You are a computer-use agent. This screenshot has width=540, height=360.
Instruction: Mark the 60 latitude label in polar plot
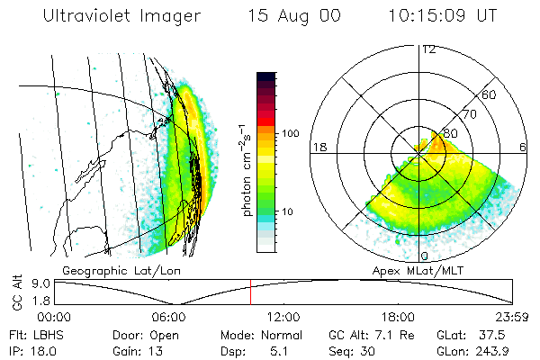490,94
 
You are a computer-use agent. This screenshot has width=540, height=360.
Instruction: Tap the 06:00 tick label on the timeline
168,317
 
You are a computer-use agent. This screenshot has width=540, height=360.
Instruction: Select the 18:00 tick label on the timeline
399,317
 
